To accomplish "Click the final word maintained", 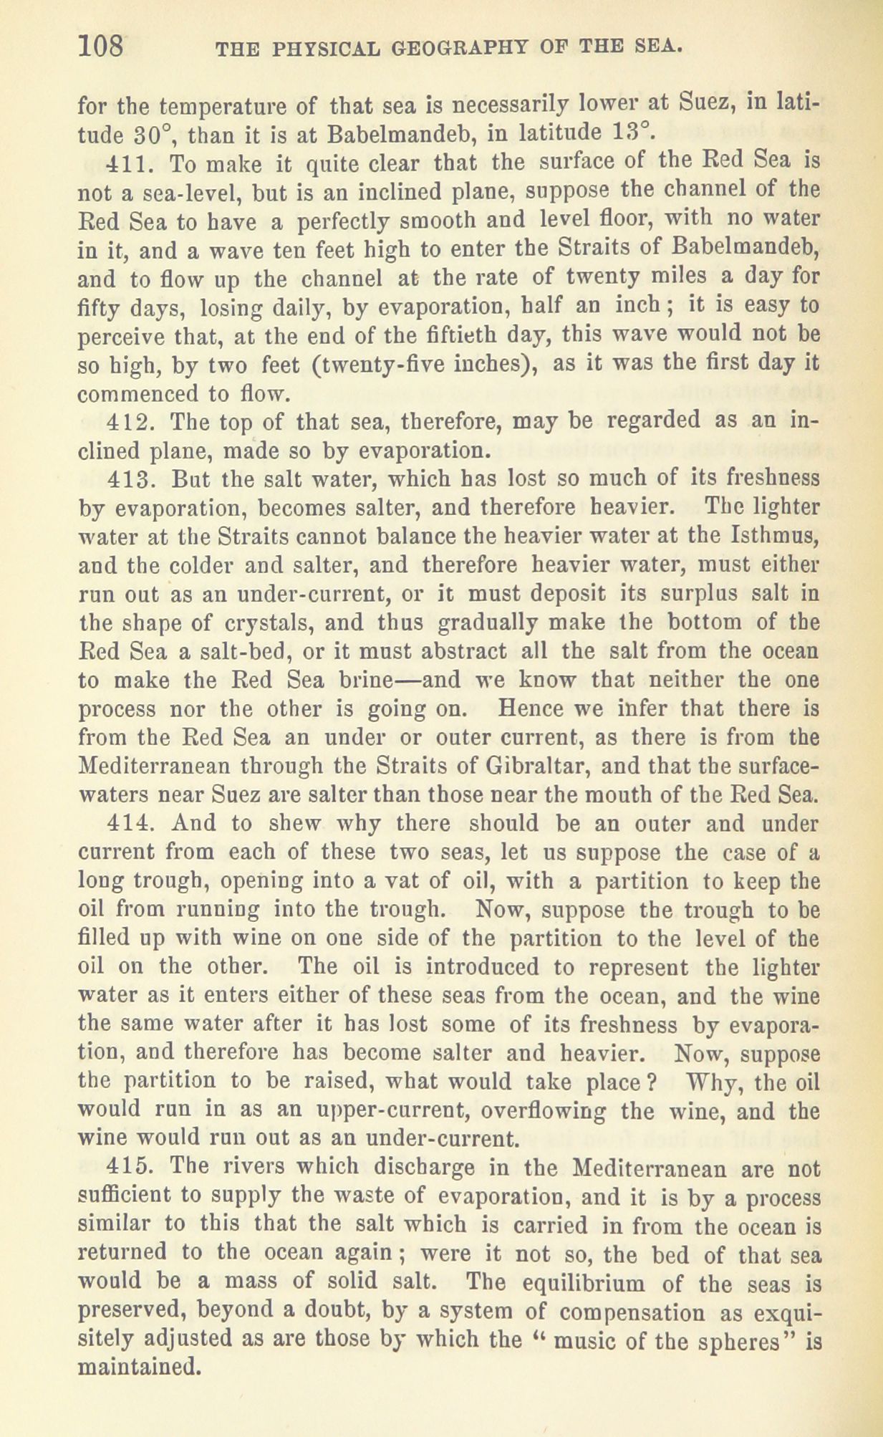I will [137, 1369].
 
